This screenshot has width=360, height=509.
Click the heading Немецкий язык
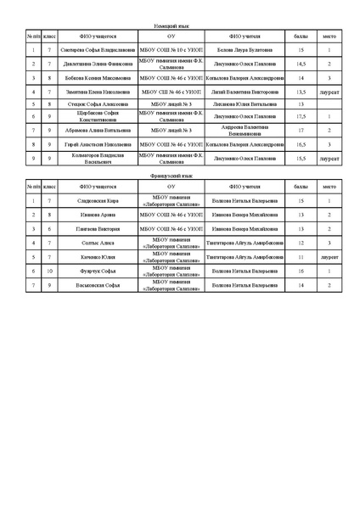coord(179,27)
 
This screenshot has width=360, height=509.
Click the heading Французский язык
coord(179,176)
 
